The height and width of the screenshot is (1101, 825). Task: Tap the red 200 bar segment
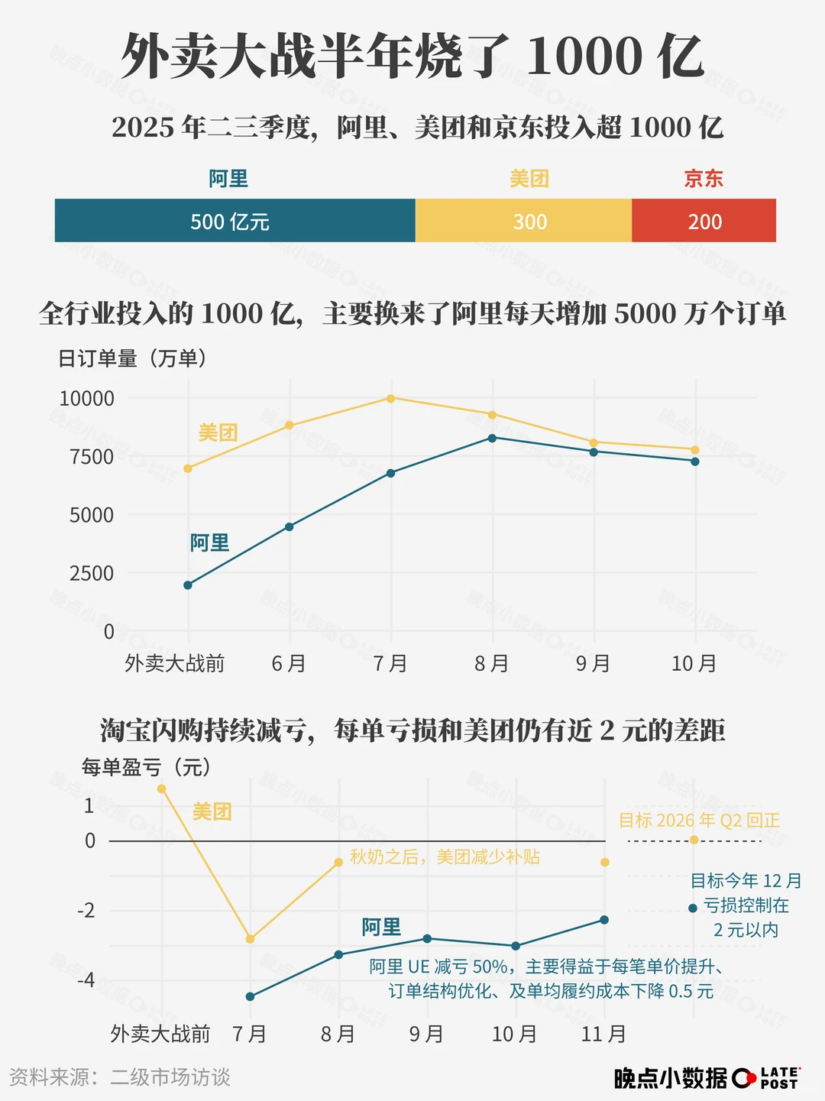point(704,221)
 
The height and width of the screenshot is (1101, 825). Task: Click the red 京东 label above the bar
point(704,179)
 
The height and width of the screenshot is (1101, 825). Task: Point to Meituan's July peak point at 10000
point(390,398)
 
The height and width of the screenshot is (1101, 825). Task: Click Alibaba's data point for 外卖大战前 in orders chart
point(188,585)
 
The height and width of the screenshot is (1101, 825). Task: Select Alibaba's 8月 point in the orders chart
point(492,438)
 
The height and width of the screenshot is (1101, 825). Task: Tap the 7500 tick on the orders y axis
point(92,457)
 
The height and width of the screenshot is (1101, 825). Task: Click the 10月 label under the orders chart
point(694,663)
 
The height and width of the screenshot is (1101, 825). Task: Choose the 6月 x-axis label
point(289,663)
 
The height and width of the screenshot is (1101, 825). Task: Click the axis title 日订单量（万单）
point(133,358)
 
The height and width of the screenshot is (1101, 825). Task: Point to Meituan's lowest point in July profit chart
point(250,939)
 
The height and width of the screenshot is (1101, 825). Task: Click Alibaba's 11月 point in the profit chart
point(604,920)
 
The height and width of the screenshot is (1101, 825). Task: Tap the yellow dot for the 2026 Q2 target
point(694,840)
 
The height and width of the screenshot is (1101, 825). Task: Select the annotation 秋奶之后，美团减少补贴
point(445,857)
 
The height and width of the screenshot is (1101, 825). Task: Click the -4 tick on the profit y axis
point(86,980)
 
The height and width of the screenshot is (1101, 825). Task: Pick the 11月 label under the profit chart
point(603,1035)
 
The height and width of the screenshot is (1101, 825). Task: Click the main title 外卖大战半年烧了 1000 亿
point(412,57)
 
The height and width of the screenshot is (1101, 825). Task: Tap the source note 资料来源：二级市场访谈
point(120,1077)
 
